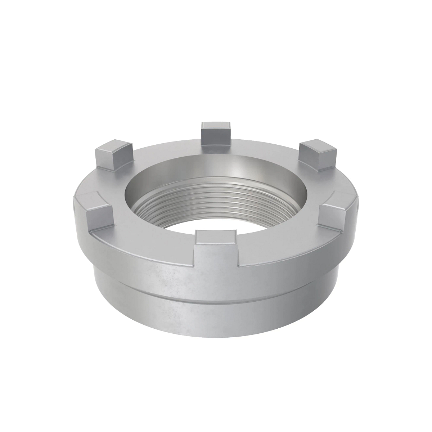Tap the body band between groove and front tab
(x=216, y=281)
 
